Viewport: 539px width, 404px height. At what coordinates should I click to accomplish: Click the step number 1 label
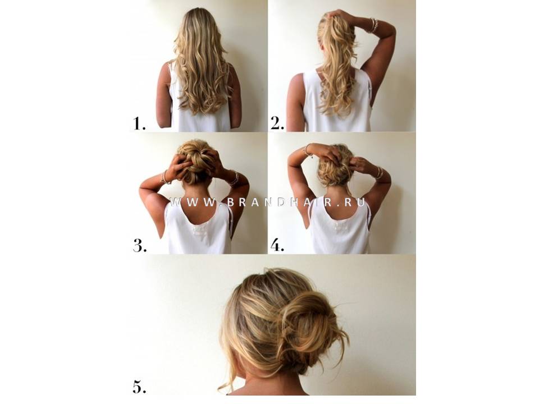[139, 123]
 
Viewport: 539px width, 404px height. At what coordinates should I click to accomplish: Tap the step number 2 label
[277, 123]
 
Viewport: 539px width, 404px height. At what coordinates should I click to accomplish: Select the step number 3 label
[140, 246]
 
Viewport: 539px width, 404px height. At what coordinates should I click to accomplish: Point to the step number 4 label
[277, 245]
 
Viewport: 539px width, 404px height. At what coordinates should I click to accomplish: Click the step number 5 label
[140, 387]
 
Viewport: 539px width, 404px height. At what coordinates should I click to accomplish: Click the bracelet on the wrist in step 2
[374, 25]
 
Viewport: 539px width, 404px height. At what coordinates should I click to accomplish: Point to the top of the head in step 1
[199, 12]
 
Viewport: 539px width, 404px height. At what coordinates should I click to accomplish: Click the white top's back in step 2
[337, 103]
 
